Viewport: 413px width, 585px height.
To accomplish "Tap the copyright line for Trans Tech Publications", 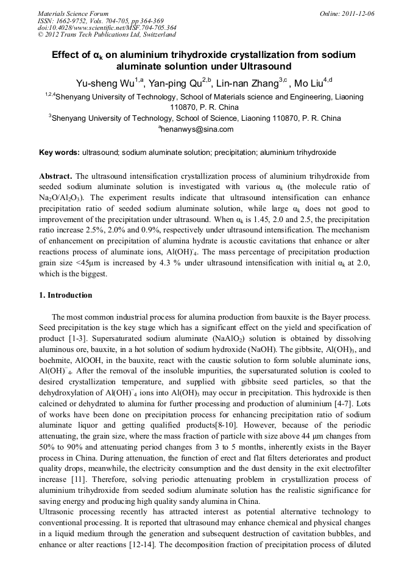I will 107,35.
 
